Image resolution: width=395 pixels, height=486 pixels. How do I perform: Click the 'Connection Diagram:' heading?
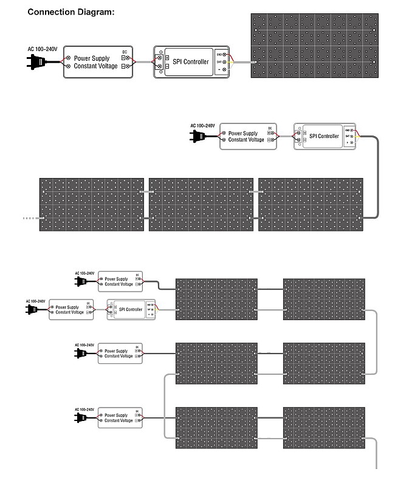point(71,12)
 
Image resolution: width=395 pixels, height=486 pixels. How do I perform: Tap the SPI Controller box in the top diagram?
point(191,62)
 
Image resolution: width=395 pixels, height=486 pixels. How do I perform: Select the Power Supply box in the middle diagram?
point(247,136)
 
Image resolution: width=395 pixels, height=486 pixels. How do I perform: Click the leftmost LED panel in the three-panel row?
point(92,204)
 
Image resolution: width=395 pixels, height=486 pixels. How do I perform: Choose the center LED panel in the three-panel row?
point(201,204)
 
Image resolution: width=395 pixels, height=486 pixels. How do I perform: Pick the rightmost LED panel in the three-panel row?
point(311,204)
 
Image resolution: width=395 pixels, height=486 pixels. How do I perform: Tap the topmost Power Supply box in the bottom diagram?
point(120,281)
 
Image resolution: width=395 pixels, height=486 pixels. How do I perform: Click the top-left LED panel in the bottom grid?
point(216,298)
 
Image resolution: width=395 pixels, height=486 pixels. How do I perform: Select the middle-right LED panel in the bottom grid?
point(324,363)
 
